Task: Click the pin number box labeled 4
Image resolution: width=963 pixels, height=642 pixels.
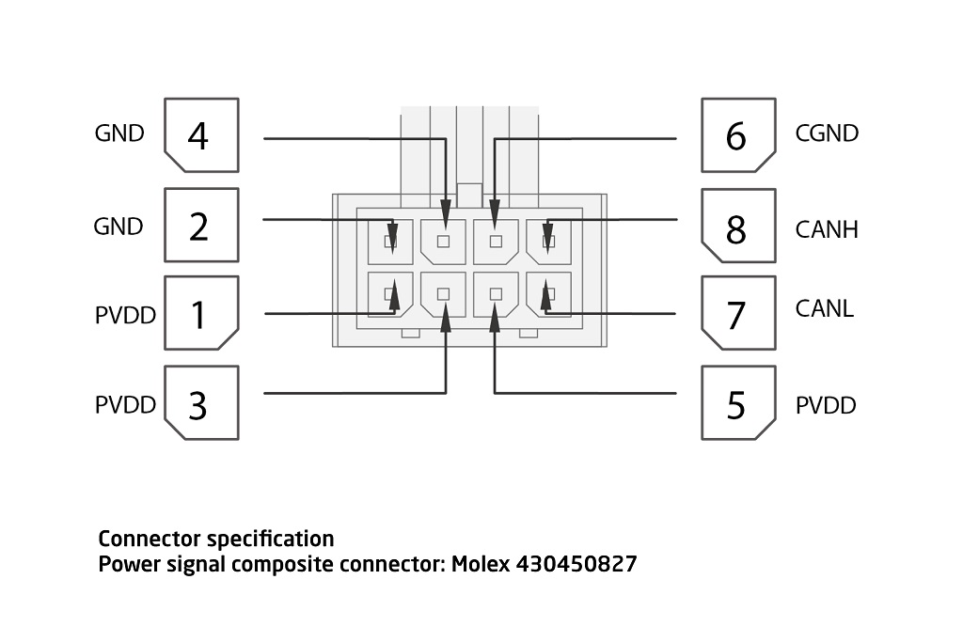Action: coord(201,134)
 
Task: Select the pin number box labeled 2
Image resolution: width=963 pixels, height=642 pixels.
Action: coord(201,226)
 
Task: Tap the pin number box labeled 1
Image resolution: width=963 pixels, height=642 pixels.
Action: coord(201,314)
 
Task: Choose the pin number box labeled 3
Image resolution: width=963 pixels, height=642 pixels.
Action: coord(201,403)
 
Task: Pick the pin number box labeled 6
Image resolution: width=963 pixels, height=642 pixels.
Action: coord(738,134)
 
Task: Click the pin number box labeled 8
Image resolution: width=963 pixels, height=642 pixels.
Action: coord(738,226)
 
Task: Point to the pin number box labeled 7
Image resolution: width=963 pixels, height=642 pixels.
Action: coord(738,314)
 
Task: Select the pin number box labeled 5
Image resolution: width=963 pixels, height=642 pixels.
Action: coord(738,403)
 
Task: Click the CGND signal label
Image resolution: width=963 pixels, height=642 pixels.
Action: coord(827,133)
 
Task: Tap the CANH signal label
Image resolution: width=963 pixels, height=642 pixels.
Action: coord(827,228)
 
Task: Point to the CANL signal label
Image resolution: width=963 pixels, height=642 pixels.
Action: coord(824,307)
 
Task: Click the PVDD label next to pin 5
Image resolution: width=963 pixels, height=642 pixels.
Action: coord(826,406)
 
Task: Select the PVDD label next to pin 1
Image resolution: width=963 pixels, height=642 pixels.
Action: coord(125,316)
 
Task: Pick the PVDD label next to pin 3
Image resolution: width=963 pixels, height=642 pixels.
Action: coord(125,406)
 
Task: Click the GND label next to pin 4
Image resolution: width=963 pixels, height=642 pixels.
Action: coord(119,133)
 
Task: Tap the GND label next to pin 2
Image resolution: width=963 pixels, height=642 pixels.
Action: coord(118,227)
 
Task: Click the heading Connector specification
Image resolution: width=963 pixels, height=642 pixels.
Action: coord(216,539)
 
